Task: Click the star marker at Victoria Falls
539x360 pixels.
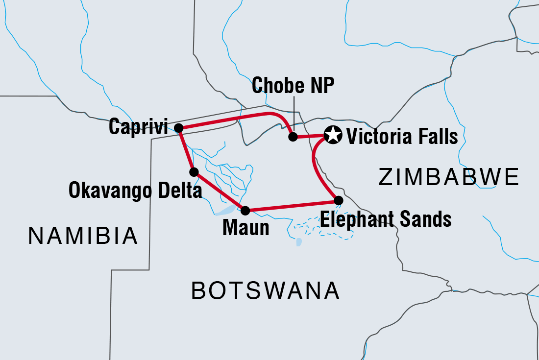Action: click(333, 135)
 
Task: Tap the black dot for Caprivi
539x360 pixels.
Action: click(179, 128)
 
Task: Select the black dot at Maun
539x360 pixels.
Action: click(245, 211)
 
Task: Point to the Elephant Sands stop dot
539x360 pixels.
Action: click(338, 200)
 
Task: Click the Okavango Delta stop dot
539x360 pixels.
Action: click(194, 172)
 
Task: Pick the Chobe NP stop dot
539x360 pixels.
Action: click(293, 137)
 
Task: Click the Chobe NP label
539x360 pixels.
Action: click(293, 86)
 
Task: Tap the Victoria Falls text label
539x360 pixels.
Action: click(402, 137)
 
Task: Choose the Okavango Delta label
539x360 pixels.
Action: click(135, 191)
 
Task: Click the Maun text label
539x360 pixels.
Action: click(245, 228)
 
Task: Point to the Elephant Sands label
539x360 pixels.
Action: click(386, 219)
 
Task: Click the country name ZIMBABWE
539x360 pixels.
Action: click(448, 177)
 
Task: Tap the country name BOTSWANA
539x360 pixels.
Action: click(265, 291)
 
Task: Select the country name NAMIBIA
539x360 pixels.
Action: click(83, 237)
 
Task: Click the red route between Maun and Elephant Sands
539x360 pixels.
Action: click(292, 206)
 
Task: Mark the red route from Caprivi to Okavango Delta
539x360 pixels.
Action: click(186, 150)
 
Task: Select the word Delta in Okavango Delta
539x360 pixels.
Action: click(178, 191)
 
